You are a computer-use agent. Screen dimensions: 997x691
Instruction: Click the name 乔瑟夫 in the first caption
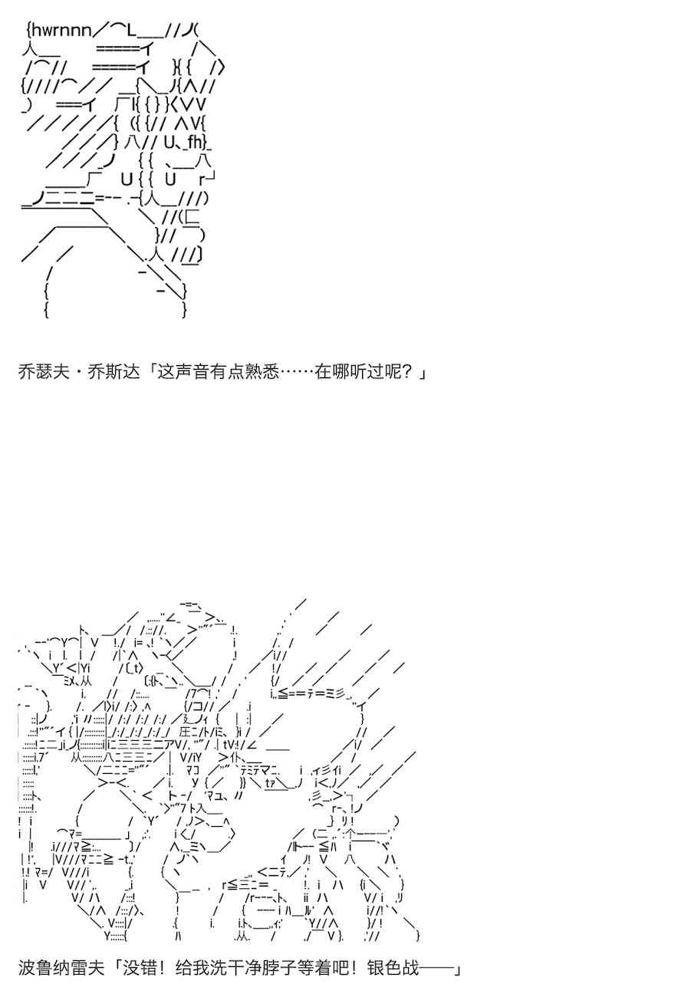click(42, 373)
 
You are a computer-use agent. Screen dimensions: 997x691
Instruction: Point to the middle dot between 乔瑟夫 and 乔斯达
click(77, 373)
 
